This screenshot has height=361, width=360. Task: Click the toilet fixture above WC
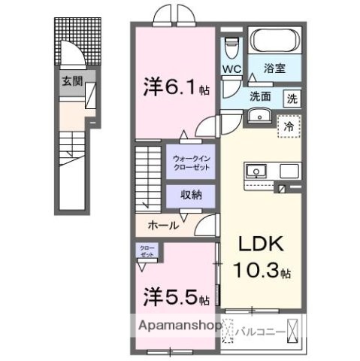click(231, 46)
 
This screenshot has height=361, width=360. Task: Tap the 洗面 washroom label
click(260, 96)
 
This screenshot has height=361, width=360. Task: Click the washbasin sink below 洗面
click(261, 115)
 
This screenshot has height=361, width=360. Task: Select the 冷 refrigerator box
click(288, 127)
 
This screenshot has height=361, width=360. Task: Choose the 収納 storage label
click(190, 194)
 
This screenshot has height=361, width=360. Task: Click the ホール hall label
click(163, 225)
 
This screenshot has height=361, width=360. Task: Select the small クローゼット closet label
click(147, 251)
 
